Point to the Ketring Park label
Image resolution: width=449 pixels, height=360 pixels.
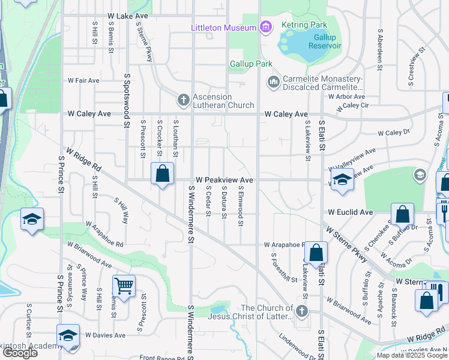[x=306, y=25]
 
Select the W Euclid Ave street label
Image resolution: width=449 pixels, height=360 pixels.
[x=351, y=212]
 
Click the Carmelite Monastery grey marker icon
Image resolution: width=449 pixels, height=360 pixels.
[x=274, y=81]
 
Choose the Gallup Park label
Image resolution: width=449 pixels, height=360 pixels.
[x=251, y=64]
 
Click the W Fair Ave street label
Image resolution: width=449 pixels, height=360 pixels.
[x=83, y=80]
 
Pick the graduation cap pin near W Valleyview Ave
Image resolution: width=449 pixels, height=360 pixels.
[x=342, y=179]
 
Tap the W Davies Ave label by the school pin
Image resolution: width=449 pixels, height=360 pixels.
[x=105, y=335]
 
